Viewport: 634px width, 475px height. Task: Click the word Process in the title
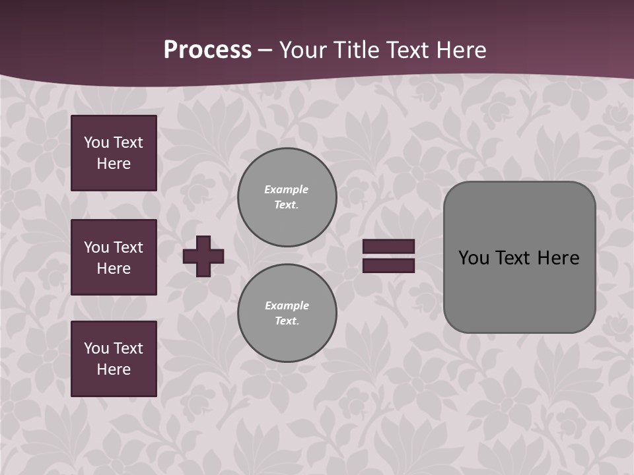(207, 50)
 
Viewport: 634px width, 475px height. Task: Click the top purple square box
(114, 153)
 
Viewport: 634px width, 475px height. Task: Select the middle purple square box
(114, 257)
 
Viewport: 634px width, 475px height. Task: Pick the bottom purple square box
(114, 359)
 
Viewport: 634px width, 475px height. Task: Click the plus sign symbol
(203, 256)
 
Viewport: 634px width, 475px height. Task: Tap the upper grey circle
(287, 197)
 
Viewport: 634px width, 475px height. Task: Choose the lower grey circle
(287, 313)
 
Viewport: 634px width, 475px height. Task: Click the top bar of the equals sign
(388, 246)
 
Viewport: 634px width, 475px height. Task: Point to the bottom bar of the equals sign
(388, 265)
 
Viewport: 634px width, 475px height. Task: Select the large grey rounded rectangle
(519, 290)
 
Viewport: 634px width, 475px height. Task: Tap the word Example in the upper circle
(287, 190)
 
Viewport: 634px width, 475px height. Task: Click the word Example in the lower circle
(287, 306)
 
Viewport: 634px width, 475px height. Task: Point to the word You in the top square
(96, 142)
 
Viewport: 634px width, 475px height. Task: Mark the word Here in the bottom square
(114, 369)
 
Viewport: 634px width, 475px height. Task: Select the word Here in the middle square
(114, 269)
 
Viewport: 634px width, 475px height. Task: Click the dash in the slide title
(265, 50)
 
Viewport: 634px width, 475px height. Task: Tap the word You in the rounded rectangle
(474, 258)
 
